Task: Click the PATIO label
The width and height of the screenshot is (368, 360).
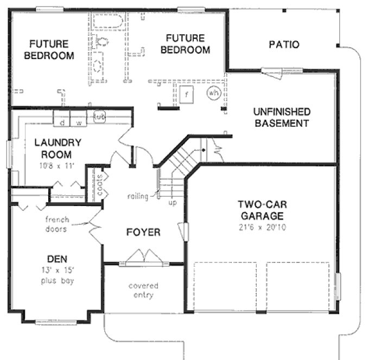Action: click(284, 44)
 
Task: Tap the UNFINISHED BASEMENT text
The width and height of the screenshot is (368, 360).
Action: click(282, 118)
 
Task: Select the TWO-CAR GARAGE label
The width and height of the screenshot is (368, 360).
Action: click(262, 210)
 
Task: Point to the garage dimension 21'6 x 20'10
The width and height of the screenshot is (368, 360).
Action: click(262, 227)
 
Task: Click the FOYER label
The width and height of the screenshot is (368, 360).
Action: click(143, 233)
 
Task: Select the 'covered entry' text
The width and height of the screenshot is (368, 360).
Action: click(143, 290)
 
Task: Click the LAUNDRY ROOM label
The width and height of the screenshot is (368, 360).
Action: click(58, 149)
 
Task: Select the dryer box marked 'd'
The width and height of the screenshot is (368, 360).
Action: click(62, 122)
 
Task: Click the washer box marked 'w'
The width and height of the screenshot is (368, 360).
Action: click(79, 122)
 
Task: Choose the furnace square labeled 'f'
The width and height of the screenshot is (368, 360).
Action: click(187, 94)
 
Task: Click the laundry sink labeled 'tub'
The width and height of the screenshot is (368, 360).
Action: click(99, 117)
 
